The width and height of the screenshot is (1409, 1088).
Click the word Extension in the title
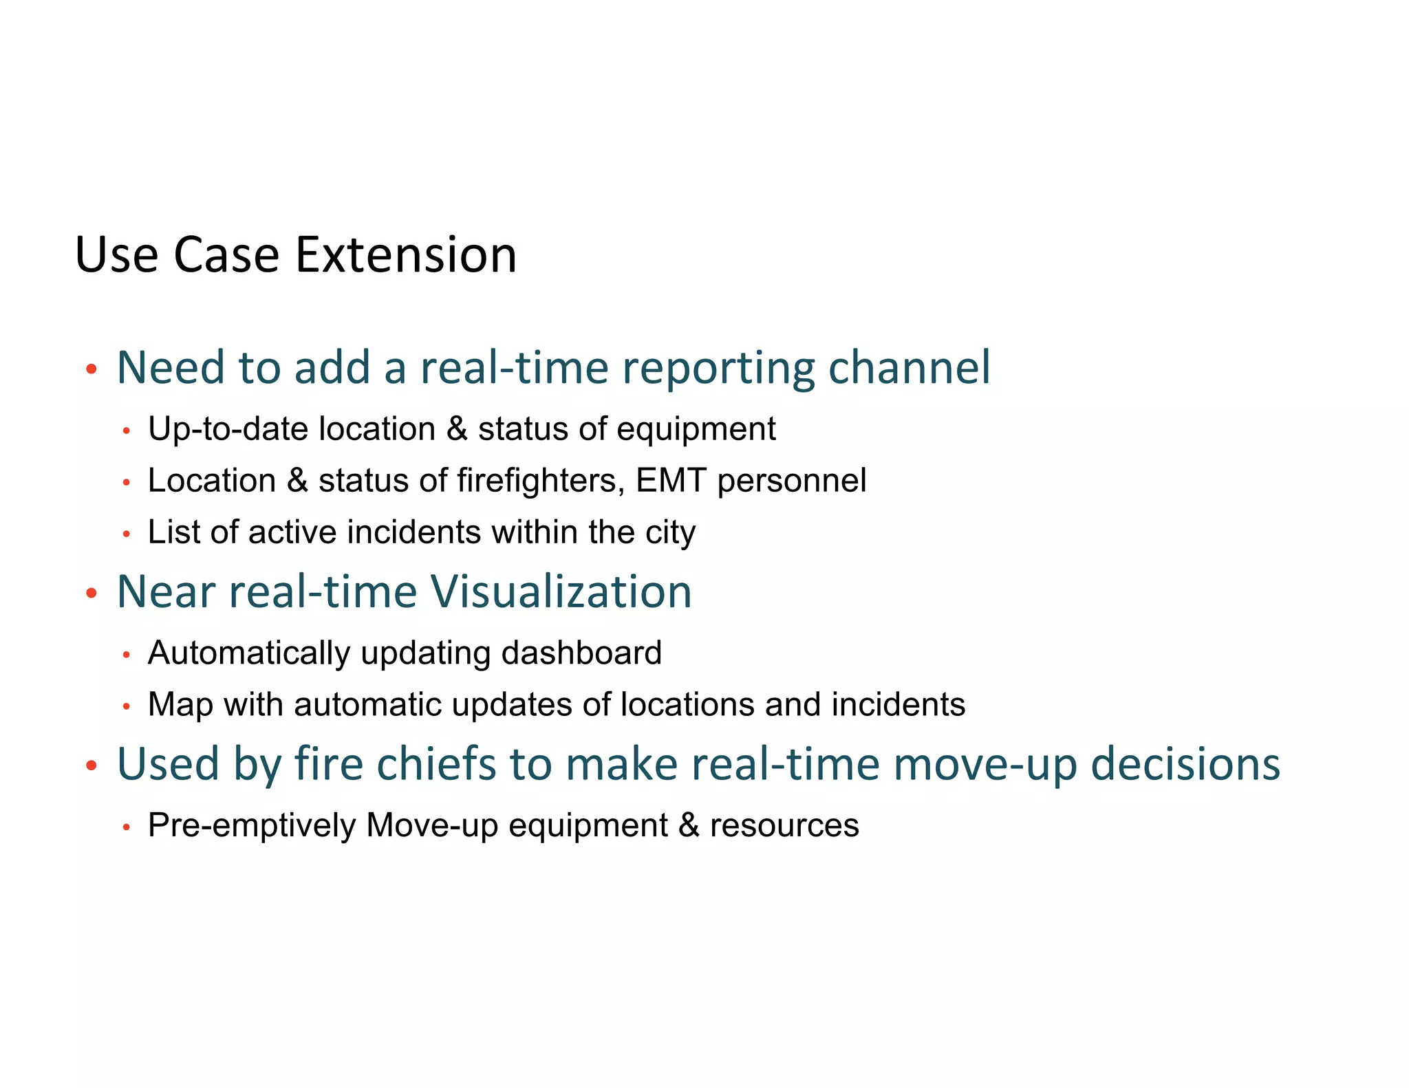click(x=405, y=255)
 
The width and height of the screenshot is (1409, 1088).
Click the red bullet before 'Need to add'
click(x=91, y=370)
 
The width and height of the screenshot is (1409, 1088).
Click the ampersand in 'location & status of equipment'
click(x=457, y=429)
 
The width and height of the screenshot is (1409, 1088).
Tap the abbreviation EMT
click(x=671, y=480)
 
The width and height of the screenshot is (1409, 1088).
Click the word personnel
click(x=791, y=481)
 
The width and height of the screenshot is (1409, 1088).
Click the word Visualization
click(x=560, y=591)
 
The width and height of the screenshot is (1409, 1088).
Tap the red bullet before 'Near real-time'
click(x=91, y=593)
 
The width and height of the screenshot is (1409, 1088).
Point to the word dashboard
click(x=581, y=653)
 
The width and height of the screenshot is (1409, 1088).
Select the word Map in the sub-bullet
click(x=180, y=706)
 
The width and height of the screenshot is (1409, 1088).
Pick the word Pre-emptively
click(x=252, y=826)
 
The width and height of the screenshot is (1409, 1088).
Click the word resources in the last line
click(x=784, y=826)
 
